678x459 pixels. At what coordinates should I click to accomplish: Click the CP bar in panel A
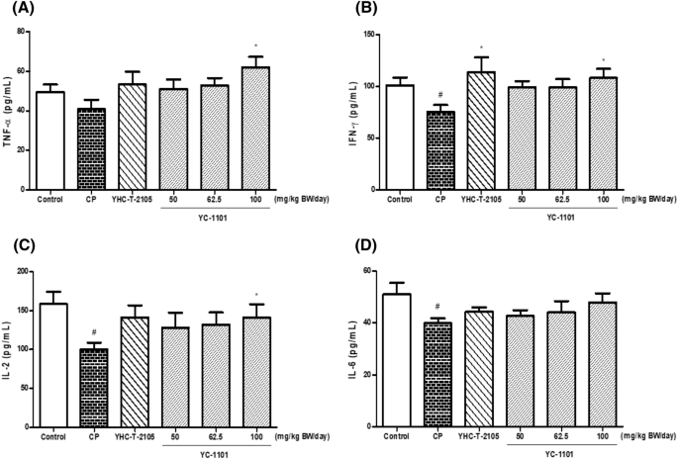click(x=92, y=148)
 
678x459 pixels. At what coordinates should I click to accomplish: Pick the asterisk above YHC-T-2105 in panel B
click(x=481, y=48)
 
